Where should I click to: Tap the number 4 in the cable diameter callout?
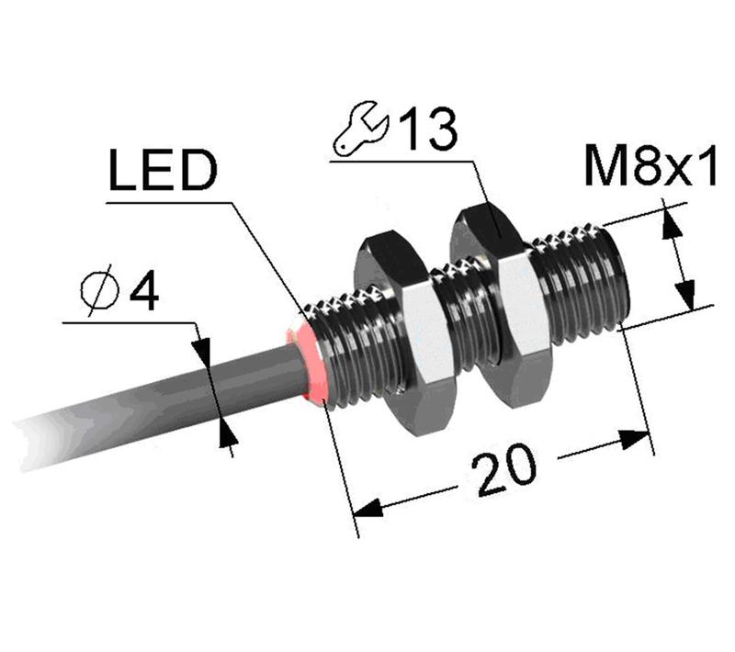(143, 293)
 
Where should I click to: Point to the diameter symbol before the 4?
(96, 293)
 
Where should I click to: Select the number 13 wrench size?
(425, 130)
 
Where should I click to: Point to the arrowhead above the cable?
(202, 348)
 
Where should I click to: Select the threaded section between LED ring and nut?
(354, 349)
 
